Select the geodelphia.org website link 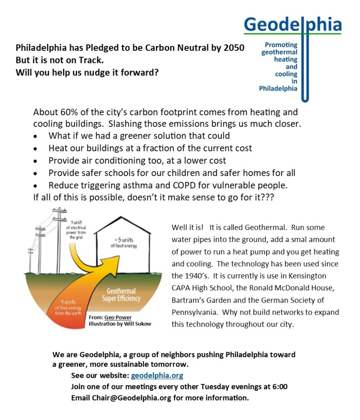coord(157,375)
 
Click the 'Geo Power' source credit coord(118,317)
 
